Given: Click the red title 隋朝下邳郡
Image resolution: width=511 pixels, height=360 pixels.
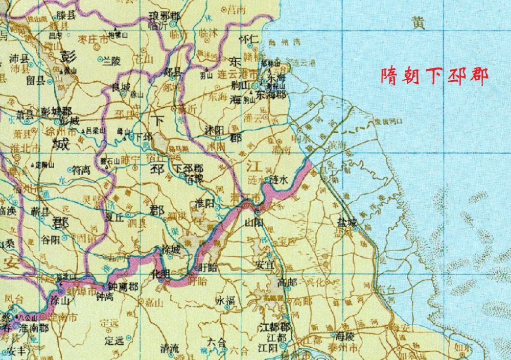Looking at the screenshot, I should (x=434, y=76).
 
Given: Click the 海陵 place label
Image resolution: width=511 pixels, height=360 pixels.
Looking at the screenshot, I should (x=344, y=337).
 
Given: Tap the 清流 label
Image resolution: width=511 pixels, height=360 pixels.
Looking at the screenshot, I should (x=170, y=349).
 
